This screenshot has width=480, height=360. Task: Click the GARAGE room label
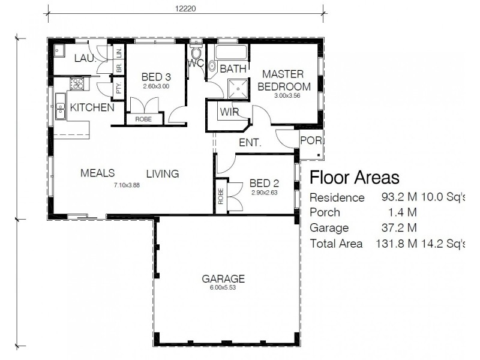pos(223,278)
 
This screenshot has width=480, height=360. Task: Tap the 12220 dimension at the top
pos(186,9)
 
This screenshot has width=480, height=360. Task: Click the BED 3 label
pos(156,77)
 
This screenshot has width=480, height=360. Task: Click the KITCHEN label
pos(92,108)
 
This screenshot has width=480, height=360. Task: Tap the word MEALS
pos(97,173)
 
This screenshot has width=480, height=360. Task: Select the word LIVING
pos(163,174)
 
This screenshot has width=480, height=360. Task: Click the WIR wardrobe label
pos(229,112)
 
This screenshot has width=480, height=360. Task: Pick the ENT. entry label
pos(250,143)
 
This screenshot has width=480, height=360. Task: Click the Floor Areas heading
pos(353,178)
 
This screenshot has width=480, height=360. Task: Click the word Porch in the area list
pos(325,212)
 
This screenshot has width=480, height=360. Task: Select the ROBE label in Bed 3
pos(143,119)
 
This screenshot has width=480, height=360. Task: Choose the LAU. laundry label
pos(85,58)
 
